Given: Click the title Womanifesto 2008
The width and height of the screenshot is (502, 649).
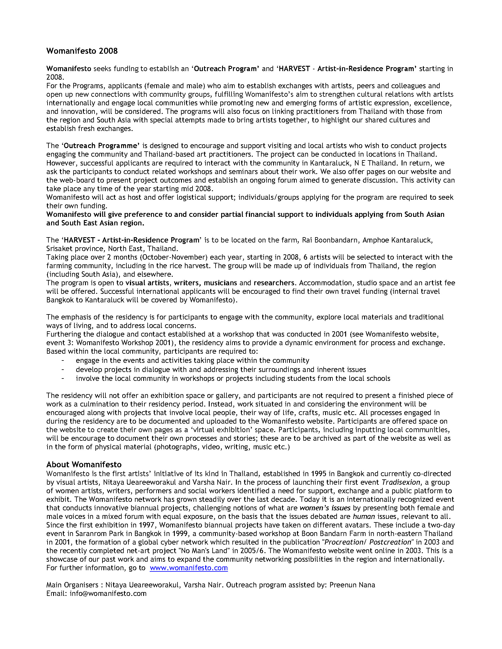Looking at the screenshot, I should coord(82,51).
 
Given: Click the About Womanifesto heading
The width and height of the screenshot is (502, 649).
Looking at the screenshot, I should coord(84,464).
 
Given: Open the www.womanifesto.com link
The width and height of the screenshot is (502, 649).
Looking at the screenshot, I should coord(189,568).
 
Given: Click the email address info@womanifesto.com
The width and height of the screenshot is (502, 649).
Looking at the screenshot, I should coord(108,594).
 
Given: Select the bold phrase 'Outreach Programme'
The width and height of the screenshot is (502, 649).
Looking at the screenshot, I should coord(101,146).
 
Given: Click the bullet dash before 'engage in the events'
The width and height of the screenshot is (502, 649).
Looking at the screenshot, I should coord(63,360).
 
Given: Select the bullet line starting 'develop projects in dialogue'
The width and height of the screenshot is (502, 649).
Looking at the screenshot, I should coord(221,369).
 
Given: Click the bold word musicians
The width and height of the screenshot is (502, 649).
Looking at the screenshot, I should coord(220,283).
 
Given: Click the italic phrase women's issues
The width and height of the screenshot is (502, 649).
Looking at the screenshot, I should coord(325,508).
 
